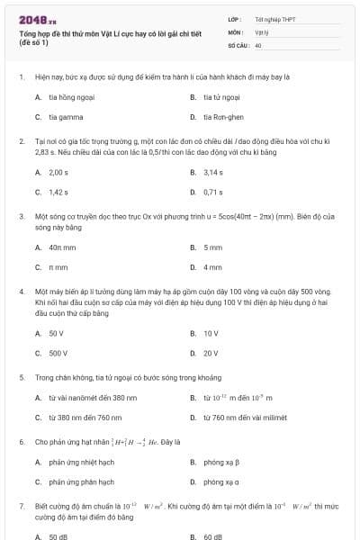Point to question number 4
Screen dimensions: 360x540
click(x=21, y=292)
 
